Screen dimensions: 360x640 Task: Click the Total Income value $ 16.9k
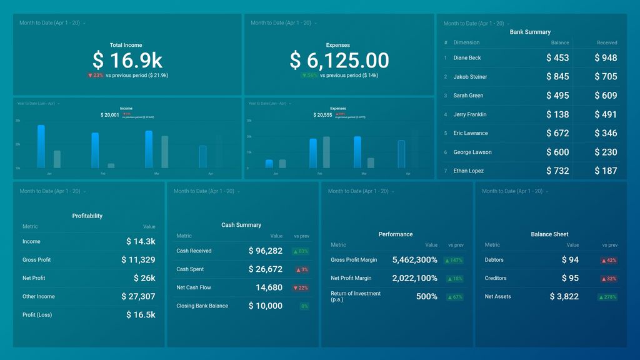coord(127,60)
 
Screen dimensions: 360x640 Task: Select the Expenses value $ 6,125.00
coord(339,60)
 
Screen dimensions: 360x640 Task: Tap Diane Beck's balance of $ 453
coord(557,57)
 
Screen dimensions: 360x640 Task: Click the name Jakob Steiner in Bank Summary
coord(470,77)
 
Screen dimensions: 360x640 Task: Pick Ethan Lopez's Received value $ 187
coord(604,171)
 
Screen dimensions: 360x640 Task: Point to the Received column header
coord(606,42)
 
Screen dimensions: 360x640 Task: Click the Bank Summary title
coord(530,32)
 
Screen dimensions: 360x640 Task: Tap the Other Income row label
coord(39,296)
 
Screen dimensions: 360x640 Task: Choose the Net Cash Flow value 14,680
coord(269,287)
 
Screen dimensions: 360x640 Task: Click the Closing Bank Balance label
coord(202,306)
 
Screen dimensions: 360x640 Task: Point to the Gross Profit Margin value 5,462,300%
coord(414,260)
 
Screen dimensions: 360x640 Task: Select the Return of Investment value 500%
coord(426,296)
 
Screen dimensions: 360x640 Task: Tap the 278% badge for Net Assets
coord(607,297)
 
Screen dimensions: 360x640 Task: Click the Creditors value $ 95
coord(569,278)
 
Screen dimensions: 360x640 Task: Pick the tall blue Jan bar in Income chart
coord(41,146)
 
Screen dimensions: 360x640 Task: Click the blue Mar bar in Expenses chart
coord(357,152)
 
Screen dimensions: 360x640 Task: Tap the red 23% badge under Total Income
coord(96,75)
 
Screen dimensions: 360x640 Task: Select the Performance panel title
coord(396,234)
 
